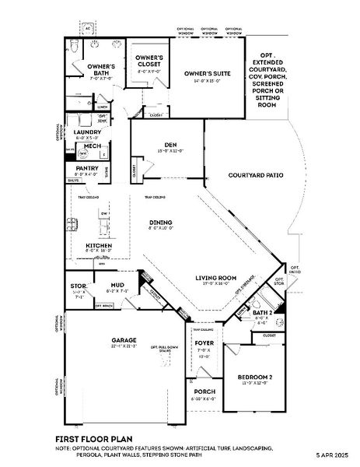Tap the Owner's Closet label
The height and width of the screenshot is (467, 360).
click(x=149, y=59)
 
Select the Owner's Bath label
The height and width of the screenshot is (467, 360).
click(x=100, y=68)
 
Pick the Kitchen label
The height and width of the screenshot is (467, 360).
click(x=99, y=246)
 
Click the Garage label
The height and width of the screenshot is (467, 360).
click(x=124, y=340)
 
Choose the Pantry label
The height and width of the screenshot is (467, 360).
click(x=86, y=168)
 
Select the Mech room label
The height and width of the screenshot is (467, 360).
click(x=93, y=146)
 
